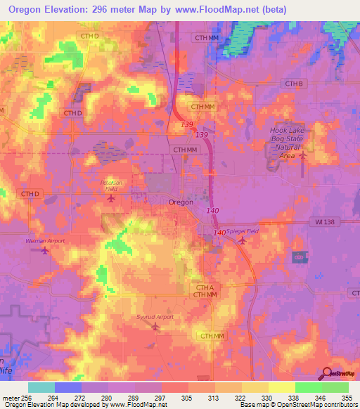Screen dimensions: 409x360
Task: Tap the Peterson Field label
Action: [x=110, y=186]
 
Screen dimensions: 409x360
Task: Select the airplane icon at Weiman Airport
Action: [x=46, y=250]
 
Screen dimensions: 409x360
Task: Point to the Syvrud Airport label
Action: [x=154, y=317]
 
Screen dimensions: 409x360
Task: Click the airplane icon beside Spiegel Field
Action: [x=242, y=241]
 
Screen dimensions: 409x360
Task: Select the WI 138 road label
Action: [x=321, y=221]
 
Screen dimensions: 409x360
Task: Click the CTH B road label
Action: [x=294, y=84]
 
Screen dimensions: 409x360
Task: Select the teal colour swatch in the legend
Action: [x=41, y=387]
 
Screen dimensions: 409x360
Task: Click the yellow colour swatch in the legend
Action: [x=281, y=387]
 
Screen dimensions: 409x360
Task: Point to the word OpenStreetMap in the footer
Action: [x=309, y=405]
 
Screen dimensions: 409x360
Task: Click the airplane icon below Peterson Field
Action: [x=111, y=198]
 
